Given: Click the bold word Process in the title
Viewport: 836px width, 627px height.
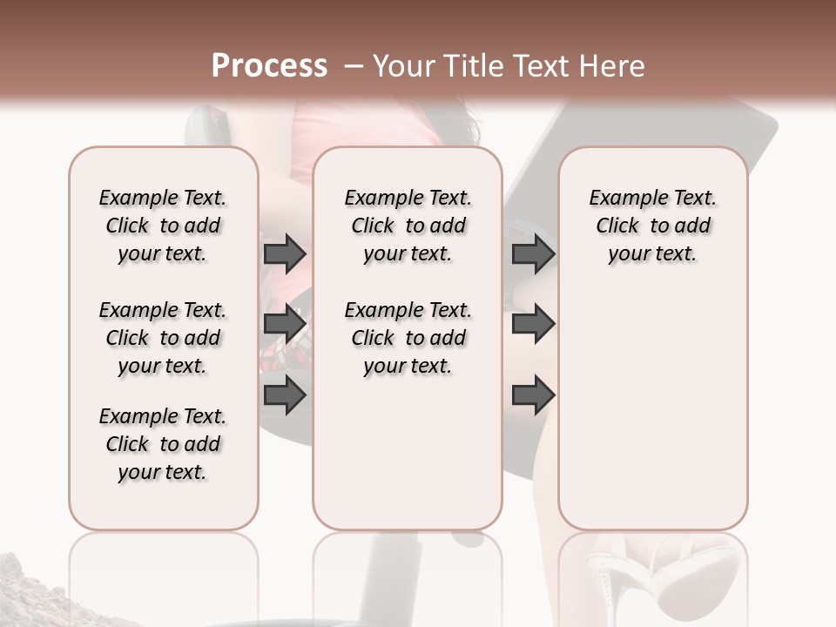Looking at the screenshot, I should (269, 66).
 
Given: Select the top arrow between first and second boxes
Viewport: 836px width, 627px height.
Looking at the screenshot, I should (285, 254).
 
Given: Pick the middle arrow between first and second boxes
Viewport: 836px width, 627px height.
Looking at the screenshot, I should (285, 324).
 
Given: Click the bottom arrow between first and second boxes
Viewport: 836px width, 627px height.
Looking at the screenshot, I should (285, 395).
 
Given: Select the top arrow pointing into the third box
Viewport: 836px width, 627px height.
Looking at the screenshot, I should (533, 254).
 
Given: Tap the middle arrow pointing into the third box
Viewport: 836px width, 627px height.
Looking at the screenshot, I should (533, 324).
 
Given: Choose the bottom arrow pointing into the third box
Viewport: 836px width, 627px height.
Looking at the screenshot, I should (533, 395).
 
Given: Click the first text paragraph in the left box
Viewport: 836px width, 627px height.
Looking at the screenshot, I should (163, 226).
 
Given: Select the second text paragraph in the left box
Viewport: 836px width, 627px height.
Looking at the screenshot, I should (163, 338).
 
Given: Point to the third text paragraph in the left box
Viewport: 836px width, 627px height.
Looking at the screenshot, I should (163, 444).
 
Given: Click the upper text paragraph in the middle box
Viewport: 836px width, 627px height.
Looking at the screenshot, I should (408, 226).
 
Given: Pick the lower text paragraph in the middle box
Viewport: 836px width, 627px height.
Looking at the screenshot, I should (408, 338).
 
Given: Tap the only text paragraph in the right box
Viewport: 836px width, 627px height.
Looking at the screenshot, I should (652, 226).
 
